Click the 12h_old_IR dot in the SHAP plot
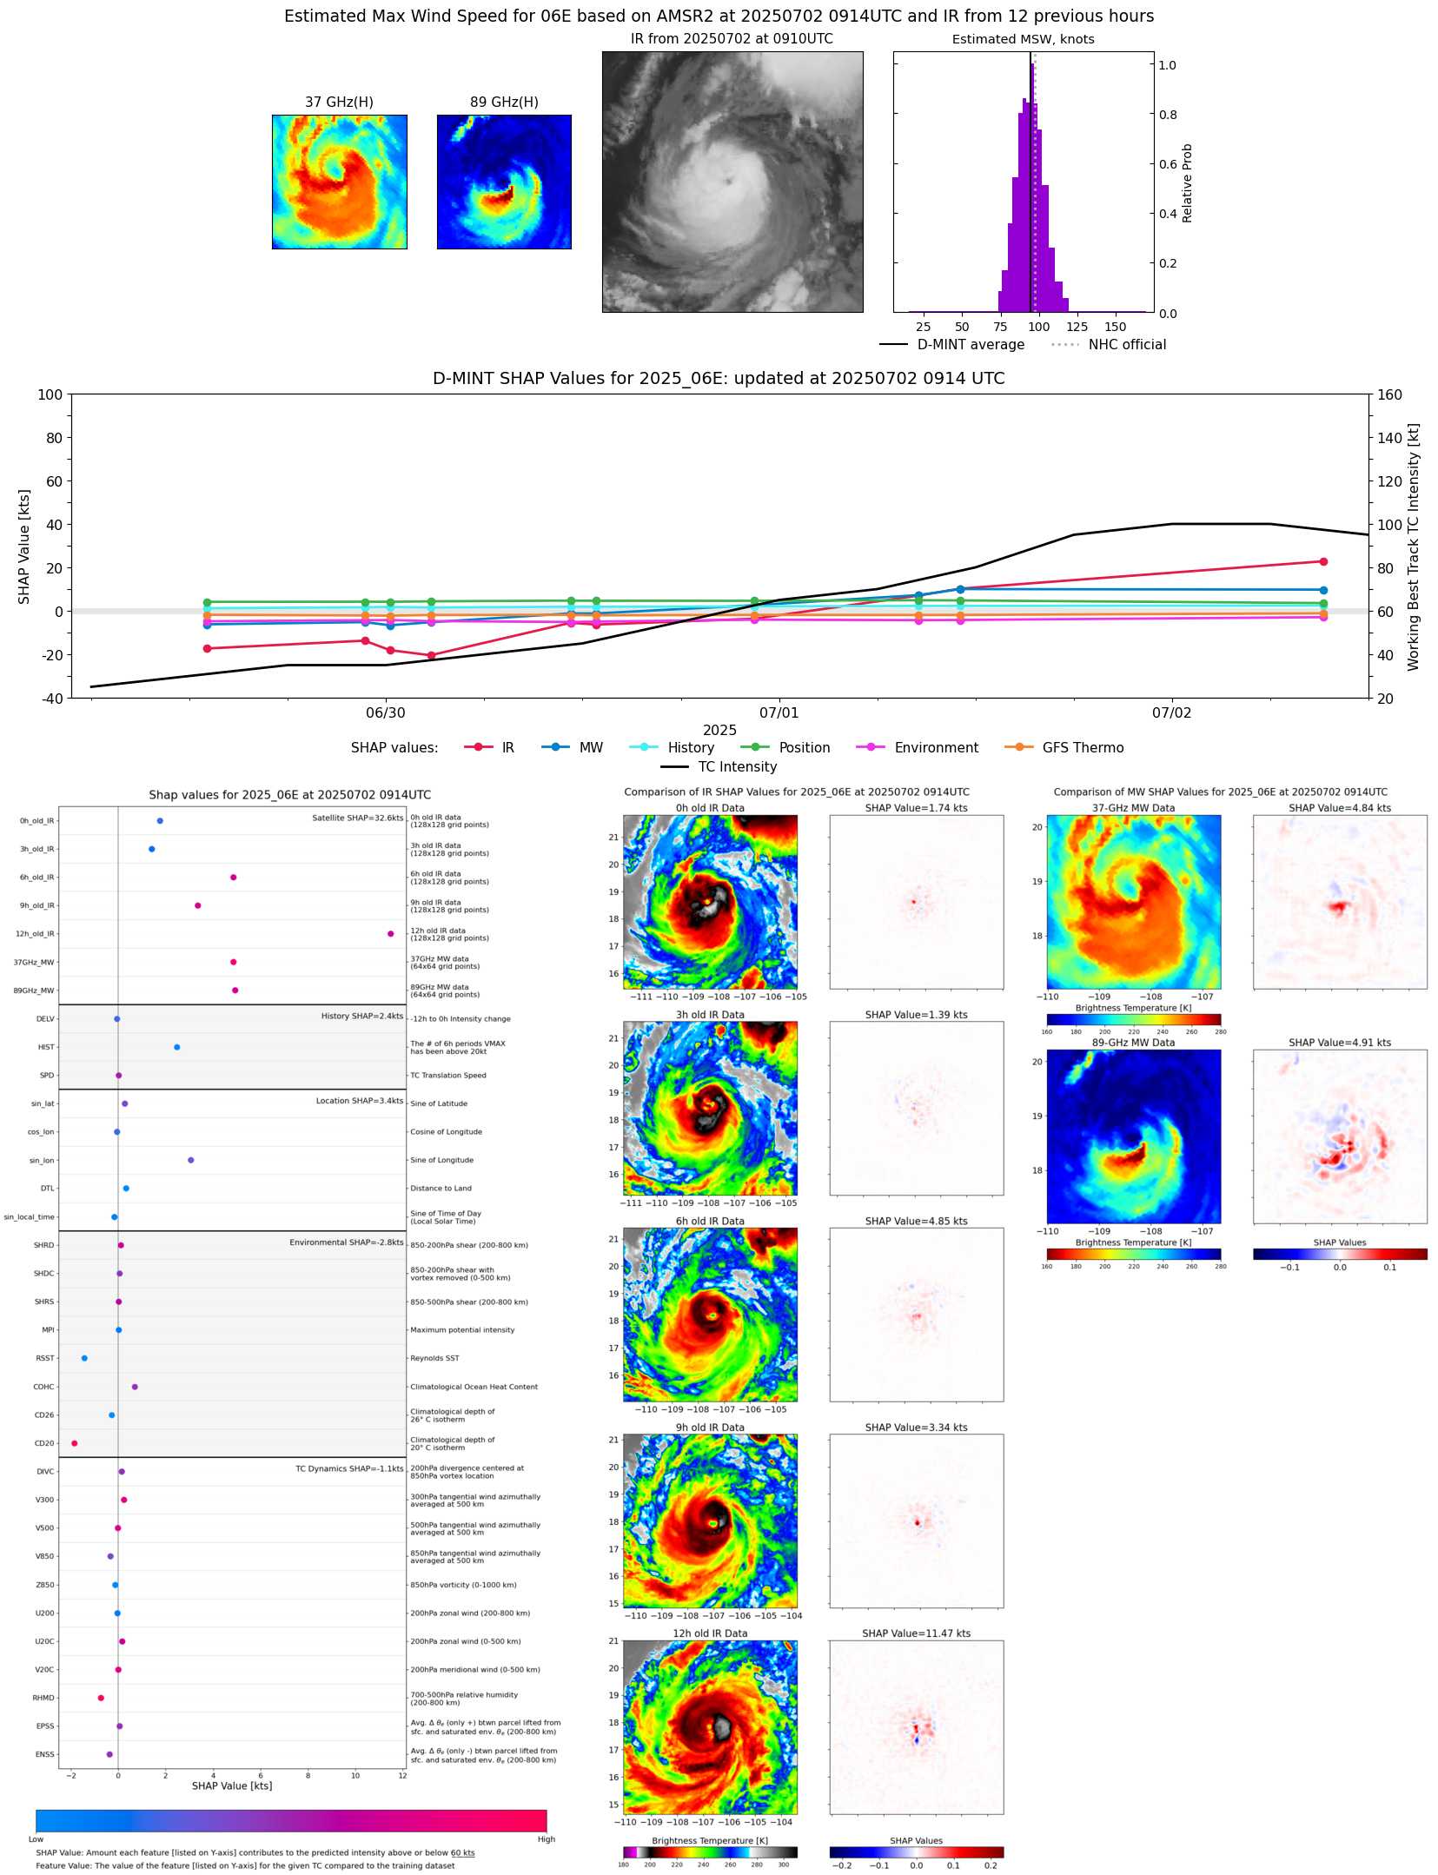(x=391, y=933)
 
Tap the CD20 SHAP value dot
(x=74, y=1443)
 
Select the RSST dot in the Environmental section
(x=84, y=1358)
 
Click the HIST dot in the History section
(x=177, y=1047)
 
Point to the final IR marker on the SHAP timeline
(x=1323, y=562)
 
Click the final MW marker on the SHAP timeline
(x=1323, y=590)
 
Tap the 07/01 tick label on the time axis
(x=779, y=712)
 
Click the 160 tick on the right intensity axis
(x=1390, y=394)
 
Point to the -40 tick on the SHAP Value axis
(x=50, y=698)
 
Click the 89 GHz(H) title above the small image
(x=504, y=102)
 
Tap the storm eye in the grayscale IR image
(x=726, y=181)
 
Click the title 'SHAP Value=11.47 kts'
(x=916, y=1633)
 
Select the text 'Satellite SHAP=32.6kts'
(x=357, y=818)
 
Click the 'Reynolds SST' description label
(x=434, y=1358)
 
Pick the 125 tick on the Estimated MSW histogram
(x=1077, y=327)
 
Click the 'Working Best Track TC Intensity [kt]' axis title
(x=1414, y=547)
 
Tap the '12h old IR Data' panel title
(x=710, y=1633)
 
